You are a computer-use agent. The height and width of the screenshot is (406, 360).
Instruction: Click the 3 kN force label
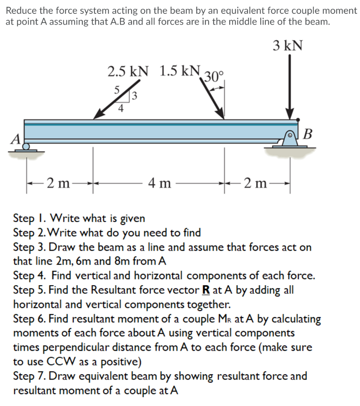click(288, 46)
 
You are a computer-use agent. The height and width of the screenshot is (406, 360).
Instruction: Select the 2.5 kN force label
click(128, 71)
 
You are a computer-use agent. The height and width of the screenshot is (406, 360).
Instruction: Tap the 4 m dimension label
click(159, 183)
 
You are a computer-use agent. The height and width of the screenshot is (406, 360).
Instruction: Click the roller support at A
click(26, 147)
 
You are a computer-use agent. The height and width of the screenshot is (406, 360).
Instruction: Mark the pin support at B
click(290, 140)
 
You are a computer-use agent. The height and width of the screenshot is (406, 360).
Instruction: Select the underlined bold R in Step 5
click(206, 290)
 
